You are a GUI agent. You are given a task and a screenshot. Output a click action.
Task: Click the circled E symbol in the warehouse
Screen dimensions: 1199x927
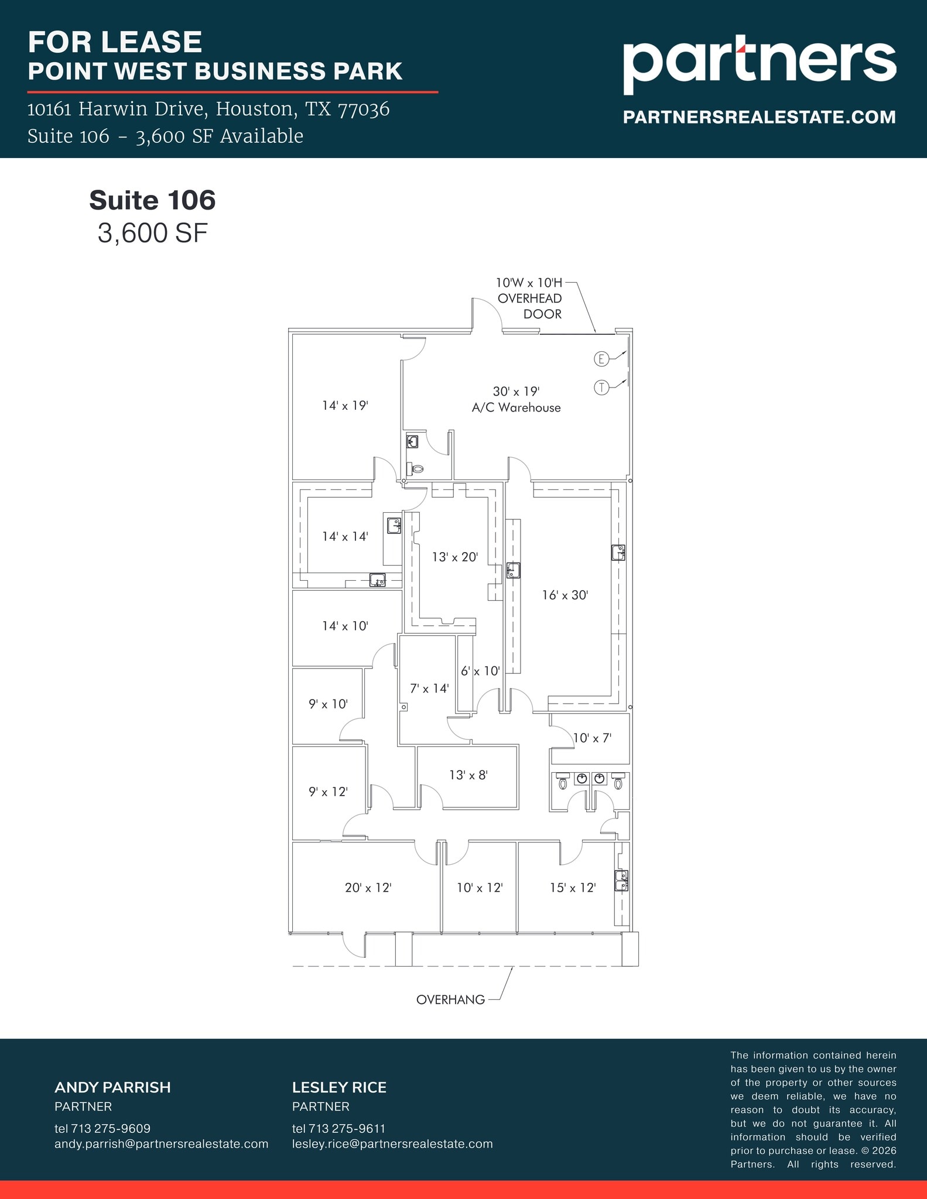pyautogui.click(x=601, y=359)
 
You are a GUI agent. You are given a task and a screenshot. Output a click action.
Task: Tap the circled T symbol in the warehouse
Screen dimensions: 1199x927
pyautogui.click(x=601, y=387)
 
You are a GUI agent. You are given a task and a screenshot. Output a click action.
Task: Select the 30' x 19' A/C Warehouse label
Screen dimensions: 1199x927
pyautogui.click(x=516, y=399)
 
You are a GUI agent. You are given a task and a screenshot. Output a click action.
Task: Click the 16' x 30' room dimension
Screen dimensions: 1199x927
pyautogui.click(x=565, y=595)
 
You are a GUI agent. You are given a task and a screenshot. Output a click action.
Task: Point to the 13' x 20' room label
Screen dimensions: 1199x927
pyautogui.click(x=455, y=557)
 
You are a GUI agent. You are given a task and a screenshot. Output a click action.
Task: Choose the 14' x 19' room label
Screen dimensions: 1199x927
pyautogui.click(x=345, y=405)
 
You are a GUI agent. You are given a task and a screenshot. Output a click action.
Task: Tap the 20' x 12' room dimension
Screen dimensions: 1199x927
pyautogui.click(x=368, y=888)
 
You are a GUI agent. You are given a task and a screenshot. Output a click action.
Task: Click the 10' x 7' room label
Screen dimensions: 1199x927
pyautogui.click(x=592, y=738)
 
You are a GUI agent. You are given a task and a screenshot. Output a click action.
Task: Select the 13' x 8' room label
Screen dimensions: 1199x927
pyautogui.click(x=468, y=775)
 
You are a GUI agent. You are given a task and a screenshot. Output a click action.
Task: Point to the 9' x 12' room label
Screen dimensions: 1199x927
pyautogui.click(x=328, y=792)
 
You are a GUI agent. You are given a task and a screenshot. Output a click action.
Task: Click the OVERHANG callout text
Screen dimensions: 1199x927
pyautogui.click(x=450, y=1000)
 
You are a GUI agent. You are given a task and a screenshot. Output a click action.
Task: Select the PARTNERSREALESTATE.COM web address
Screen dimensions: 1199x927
pyautogui.click(x=759, y=117)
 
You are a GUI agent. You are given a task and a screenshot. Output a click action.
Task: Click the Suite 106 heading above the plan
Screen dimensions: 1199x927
pyautogui.click(x=152, y=200)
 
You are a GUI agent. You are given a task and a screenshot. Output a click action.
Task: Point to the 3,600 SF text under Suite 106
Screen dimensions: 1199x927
pyautogui.click(x=152, y=233)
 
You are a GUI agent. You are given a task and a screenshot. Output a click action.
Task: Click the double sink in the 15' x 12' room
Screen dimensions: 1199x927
pyautogui.click(x=621, y=880)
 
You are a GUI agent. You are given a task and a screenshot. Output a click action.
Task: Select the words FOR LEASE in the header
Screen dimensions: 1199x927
pyautogui.click(x=115, y=42)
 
